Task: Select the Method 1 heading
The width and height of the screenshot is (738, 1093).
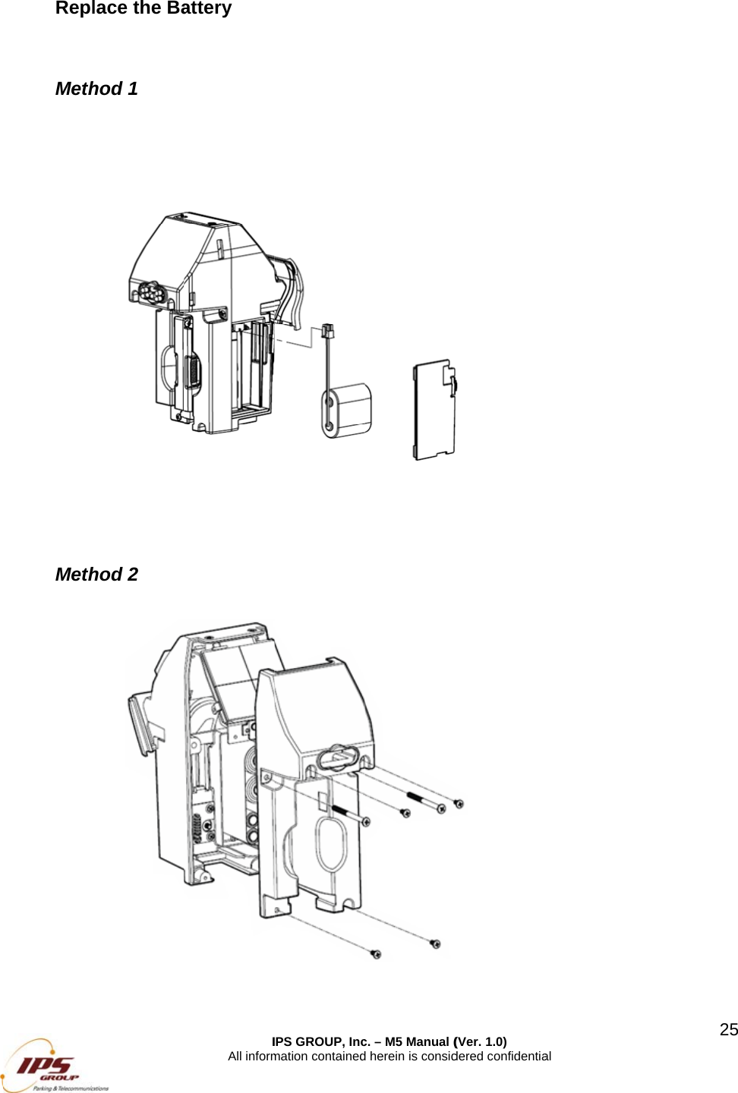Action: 96,89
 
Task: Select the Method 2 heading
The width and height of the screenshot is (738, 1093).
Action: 96,575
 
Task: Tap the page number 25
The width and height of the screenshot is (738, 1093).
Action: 728,1029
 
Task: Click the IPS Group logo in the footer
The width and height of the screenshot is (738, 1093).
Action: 53,1066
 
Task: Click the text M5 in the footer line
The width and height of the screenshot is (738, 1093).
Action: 394,1041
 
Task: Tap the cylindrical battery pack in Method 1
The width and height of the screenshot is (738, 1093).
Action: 348,410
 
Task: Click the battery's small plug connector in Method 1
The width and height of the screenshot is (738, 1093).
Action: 328,331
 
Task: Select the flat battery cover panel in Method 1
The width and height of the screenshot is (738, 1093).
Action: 434,410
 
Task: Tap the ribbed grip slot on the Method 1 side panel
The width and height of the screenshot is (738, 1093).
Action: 192,372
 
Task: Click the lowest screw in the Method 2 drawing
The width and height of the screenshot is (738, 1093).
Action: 375,953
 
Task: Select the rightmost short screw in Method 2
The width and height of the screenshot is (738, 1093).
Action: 459,803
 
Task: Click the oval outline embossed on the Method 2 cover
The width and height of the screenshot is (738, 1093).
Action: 332,844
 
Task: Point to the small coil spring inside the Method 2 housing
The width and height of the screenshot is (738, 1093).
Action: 198,827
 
